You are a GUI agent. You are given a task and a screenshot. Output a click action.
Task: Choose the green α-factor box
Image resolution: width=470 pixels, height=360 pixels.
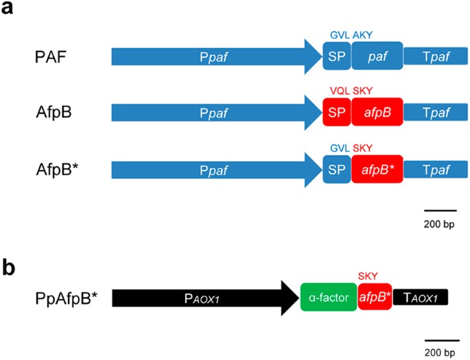click(328, 298)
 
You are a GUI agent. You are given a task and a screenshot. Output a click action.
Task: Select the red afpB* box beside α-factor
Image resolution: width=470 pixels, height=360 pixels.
click(374, 298)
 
